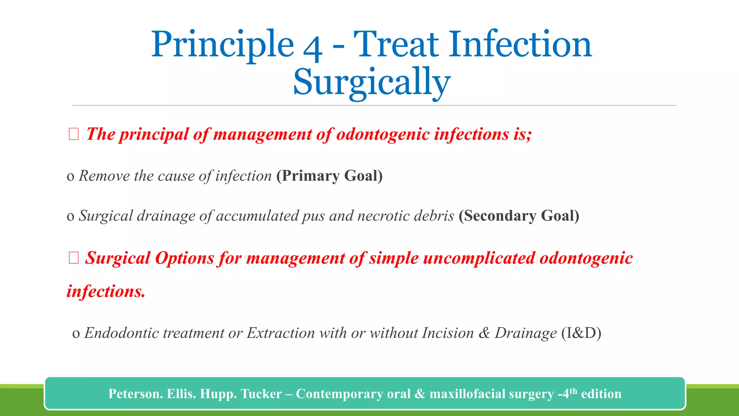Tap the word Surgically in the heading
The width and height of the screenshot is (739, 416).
pyautogui.click(x=372, y=82)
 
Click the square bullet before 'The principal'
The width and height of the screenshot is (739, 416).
pyautogui.click(x=74, y=134)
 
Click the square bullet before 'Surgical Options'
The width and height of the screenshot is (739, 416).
pyautogui.click(x=74, y=258)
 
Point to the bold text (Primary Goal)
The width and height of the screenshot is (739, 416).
pyautogui.click(x=329, y=176)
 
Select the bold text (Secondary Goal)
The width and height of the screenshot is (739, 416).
pyautogui.click(x=519, y=216)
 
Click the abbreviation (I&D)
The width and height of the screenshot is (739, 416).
pyautogui.click(x=581, y=333)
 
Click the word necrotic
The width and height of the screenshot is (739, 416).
pyautogui.click(x=383, y=216)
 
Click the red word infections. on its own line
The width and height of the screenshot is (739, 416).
pyautogui.click(x=106, y=291)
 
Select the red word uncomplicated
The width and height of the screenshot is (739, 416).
pyautogui.click(x=479, y=258)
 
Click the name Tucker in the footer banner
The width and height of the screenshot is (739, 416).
pyautogui.click(x=261, y=394)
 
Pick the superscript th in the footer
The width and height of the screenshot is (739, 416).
pyautogui.click(x=573, y=391)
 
